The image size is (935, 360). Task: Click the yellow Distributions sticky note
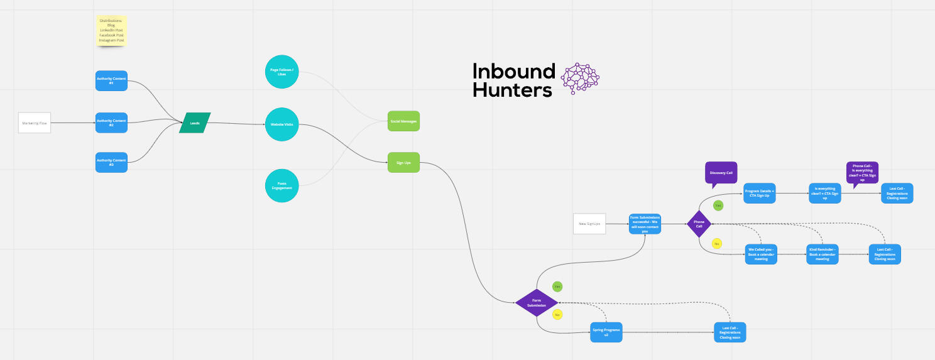[x=111, y=31]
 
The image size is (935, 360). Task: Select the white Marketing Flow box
[x=35, y=123]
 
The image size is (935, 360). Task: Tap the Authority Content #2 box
[x=111, y=123]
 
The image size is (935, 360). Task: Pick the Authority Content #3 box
[x=111, y=162]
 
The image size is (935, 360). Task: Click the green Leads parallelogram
[x=195, y=123]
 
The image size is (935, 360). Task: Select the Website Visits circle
[x=282, y=124]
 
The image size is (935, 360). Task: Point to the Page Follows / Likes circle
[x=282, y=72]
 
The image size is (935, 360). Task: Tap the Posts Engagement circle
[x=282, y=185]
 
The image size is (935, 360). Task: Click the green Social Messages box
[x=403, y=121]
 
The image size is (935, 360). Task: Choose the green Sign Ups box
[x=403, y=162]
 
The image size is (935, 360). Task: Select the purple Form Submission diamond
[x=537, y=303]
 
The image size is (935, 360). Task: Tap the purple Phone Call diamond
[x=698, y=224]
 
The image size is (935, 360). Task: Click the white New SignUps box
[x=589, y=224]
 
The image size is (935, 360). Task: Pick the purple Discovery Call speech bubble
[x=721, y=172]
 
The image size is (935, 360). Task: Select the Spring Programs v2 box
[x=606, y=332]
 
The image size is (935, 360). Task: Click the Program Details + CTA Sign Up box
[x=759, y=193]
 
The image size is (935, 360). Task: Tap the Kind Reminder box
[x=822, y=254]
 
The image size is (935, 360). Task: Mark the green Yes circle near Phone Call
[x=718, y=205]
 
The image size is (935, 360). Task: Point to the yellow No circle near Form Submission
[x=557, y=314]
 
